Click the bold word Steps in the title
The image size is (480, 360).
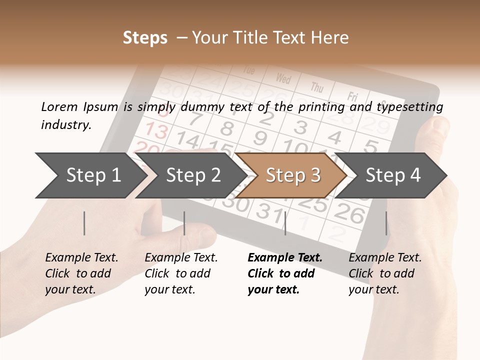145,38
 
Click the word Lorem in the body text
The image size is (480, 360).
59,106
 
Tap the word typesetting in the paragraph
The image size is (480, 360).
409,106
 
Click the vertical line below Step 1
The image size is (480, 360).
84,223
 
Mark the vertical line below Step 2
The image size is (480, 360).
184,223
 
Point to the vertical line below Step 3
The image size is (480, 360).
285,223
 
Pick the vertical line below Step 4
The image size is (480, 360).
386,223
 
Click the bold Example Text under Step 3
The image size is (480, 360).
285,258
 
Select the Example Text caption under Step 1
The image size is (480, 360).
81,258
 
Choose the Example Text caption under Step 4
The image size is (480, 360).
385,258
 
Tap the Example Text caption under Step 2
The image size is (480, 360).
181,258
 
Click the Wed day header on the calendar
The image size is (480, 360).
283,78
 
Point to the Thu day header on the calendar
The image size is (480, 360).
317,87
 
